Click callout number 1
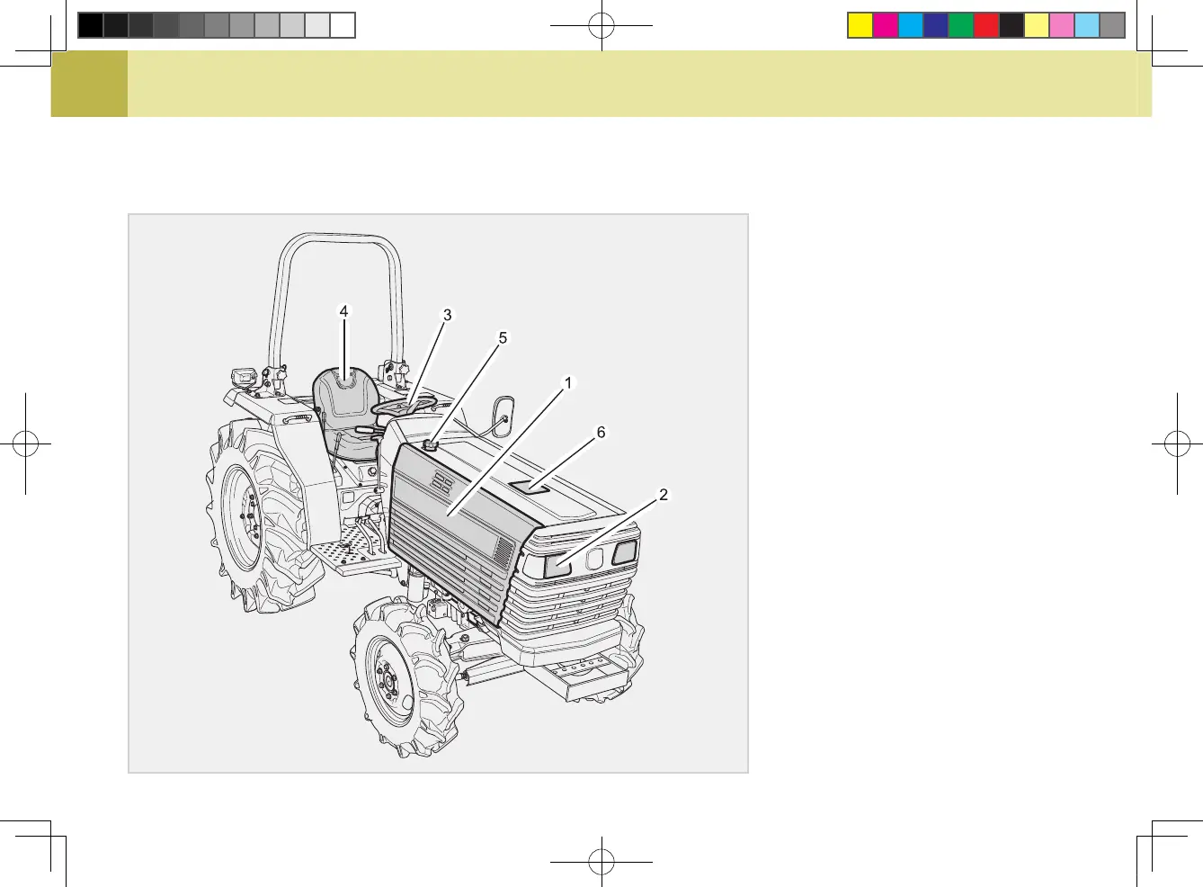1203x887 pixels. click(x=568, y=383)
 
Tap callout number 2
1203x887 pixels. click(x=664, y=494)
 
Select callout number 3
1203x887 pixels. click(x=448, y=316)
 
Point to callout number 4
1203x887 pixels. click(x=343, y=311)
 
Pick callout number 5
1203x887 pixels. click(x=503, y=338)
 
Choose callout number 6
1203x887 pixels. click(x=601, y=433)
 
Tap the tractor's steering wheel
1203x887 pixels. click(x=403, y=404)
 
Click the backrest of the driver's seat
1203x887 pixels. click(x=343, y=392)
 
